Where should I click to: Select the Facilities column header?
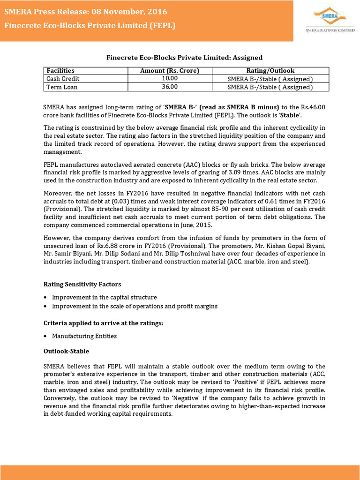60,71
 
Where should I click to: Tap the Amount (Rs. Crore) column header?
170,71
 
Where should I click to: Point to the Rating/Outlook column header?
270,71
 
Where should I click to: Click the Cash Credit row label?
62,79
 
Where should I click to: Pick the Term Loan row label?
62,87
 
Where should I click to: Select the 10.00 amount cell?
170,79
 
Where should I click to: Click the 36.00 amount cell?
170,87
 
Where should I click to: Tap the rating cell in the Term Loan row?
270,87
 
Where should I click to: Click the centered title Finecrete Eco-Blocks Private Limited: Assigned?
184,58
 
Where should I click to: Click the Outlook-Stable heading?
66,351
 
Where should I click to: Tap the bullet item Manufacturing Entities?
84,336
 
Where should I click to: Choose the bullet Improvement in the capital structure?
105,297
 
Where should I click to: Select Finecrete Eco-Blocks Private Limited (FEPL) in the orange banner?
90,25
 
